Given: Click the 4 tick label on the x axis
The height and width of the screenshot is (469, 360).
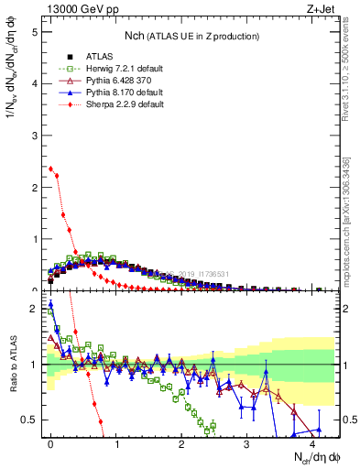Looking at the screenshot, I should (312, 444).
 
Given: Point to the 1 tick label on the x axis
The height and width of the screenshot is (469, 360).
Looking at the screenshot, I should (116, 444).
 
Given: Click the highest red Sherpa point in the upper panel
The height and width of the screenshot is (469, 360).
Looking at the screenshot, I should (50, 168).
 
